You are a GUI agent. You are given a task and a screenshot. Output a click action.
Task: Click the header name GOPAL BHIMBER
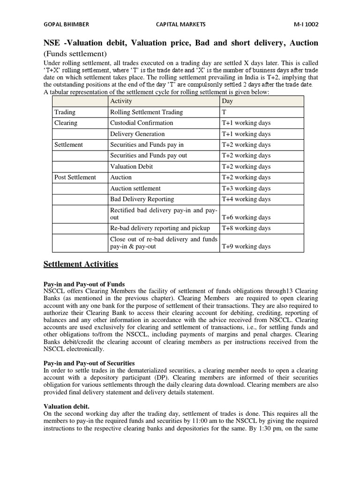click(66, 24)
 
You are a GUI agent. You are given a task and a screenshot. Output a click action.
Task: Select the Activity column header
click(121, 101)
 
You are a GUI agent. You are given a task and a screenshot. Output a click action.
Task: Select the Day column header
click(227, 101)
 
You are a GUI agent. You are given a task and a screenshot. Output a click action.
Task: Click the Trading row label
click(65, 112)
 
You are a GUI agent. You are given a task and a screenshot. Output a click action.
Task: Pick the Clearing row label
click(66, 123)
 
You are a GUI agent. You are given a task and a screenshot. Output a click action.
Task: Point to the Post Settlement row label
click(75, 177)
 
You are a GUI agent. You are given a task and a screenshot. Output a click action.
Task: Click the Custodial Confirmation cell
click(142, 123)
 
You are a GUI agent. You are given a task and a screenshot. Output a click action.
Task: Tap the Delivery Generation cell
click(137, 134)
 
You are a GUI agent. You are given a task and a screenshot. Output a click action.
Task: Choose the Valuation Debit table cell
click(131, 166)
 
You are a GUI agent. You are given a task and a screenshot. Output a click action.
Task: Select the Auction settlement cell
click(135, 188)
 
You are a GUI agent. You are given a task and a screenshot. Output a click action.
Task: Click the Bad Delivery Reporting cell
click(142, 199)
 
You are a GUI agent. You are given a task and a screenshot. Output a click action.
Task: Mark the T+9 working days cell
click(246, 247)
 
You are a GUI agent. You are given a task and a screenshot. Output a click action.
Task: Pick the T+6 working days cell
click(246, 217)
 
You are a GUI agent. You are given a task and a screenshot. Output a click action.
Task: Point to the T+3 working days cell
click(246, 188)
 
